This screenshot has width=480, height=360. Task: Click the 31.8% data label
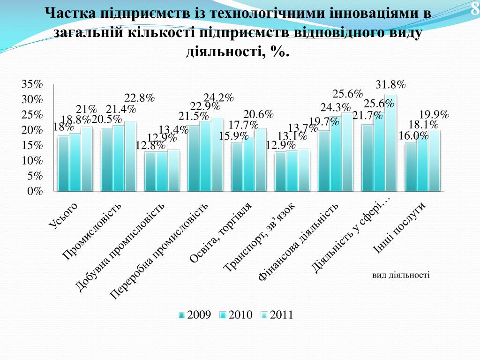[390, 85]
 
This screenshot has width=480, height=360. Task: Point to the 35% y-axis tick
[32, 84]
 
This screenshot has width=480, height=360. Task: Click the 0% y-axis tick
[35, 191]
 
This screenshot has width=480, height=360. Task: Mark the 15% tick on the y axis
[32, 145]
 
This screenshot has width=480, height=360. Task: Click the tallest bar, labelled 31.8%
[390, 142]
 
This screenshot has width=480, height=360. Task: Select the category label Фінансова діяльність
[299, 242]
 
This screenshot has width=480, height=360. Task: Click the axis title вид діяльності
[401, 275]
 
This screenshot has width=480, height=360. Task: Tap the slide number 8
[474, 8]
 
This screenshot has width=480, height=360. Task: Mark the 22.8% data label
[139, 98]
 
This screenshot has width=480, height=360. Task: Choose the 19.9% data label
[434, 114]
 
